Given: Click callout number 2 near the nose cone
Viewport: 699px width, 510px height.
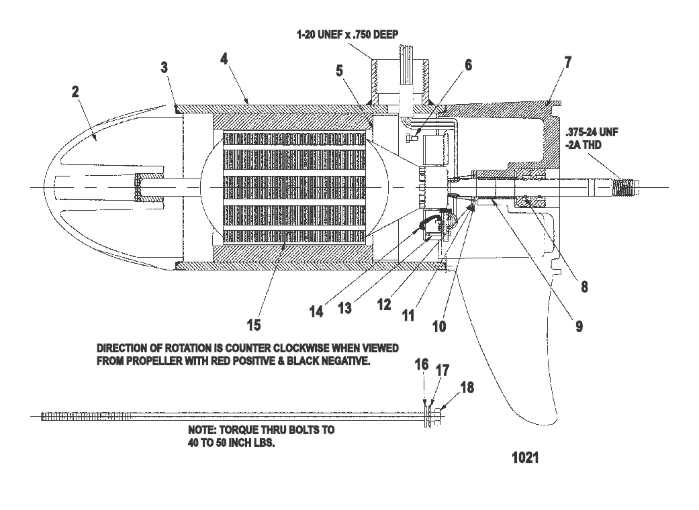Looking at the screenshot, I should [75, 92].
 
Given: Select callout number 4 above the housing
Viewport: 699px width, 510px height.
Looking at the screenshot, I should [224, 58].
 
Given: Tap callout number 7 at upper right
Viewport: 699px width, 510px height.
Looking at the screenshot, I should [568, 63].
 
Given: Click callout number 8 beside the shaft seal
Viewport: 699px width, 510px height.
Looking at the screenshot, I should [584, 287].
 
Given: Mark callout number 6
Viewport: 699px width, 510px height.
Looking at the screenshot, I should [468, 65].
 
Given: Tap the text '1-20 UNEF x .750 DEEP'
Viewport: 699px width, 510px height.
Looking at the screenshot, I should [349, 34].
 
